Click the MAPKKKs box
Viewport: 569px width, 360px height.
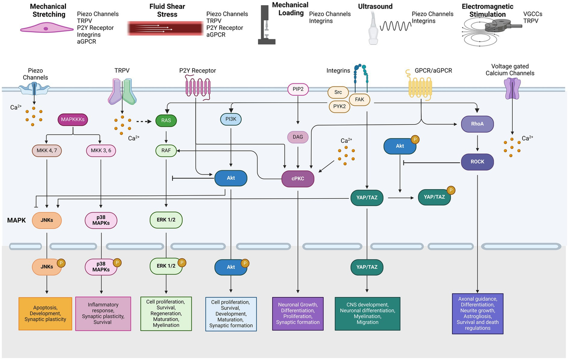click(x=72, y=119)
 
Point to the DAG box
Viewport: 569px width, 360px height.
click(x=298, y=137)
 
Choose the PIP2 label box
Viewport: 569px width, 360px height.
click(x=298, y=89)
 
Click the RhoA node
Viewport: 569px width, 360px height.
click(x=477, y=124)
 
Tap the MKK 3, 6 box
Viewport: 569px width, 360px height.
click(x=101, y=151)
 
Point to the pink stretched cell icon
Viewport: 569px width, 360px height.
click(x=46, y=28)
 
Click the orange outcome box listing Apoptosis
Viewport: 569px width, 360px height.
click(x=45, y=314)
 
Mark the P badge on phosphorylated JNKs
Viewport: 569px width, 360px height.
click(x=61, y=262)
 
